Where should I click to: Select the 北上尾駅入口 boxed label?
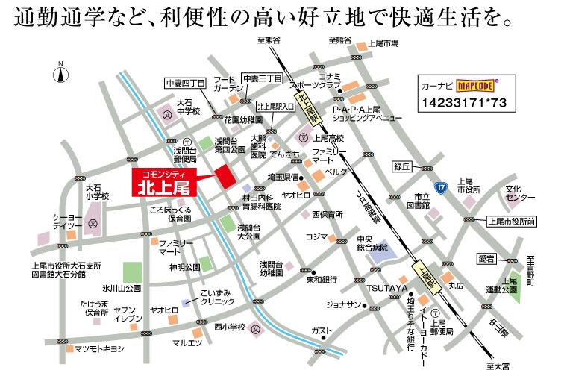[275, 107]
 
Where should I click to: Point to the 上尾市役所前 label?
[516, 222]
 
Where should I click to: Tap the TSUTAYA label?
[386, 289]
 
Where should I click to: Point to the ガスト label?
[322, 330]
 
